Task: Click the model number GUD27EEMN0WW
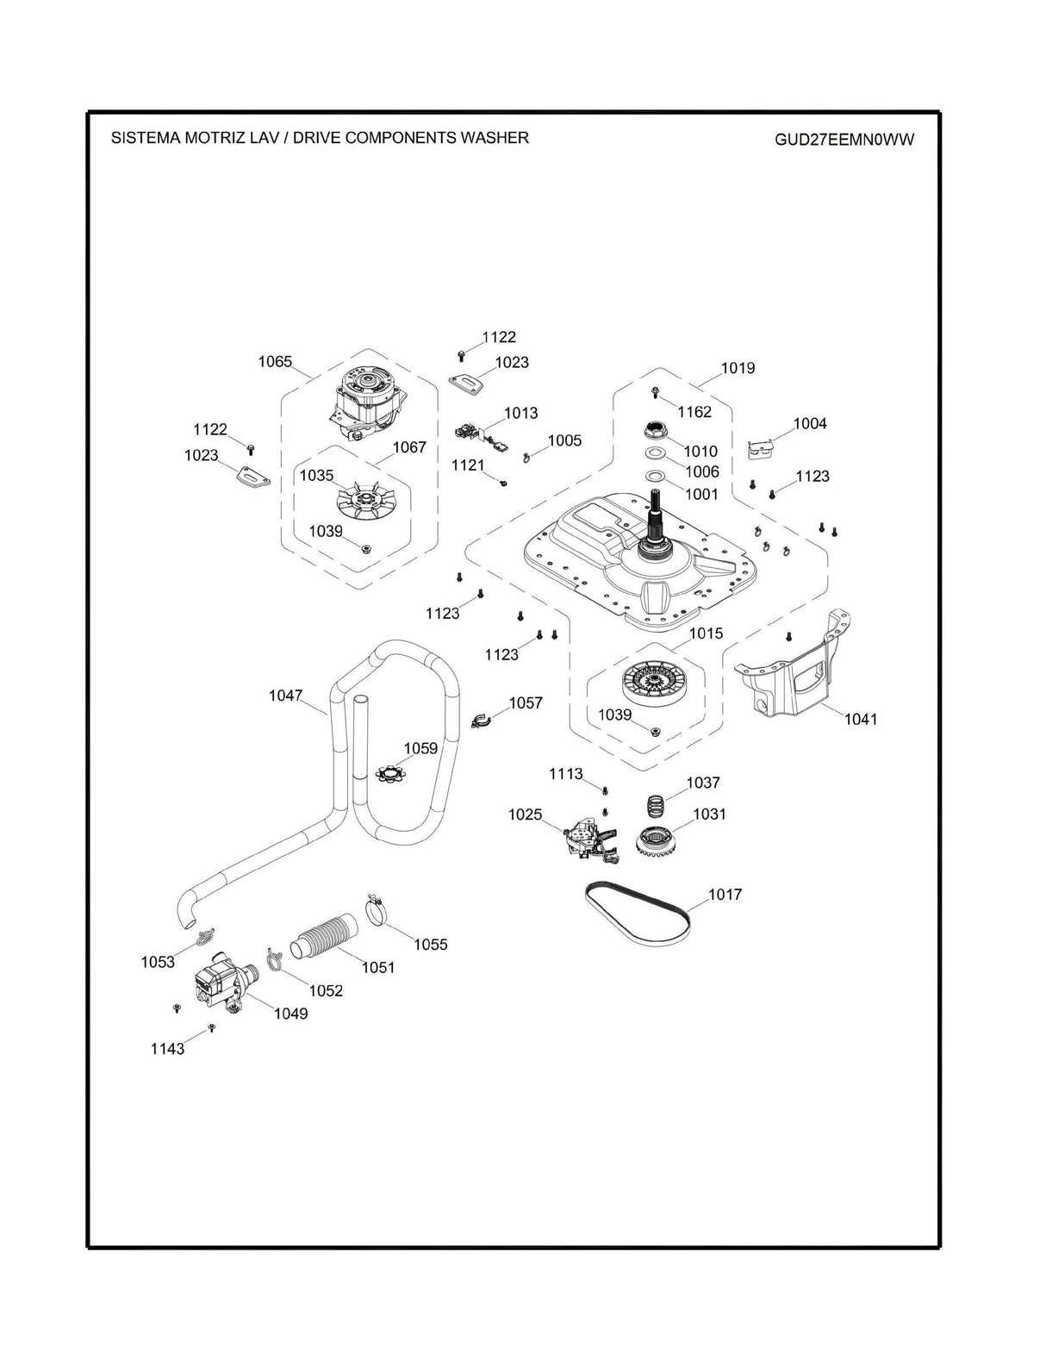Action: (x=844, y=140)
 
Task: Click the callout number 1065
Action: (x=275, y=362)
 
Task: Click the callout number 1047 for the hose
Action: (x=285, y=695)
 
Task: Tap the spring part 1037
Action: (x=657, y=808)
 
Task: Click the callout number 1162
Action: (x=694, y=412)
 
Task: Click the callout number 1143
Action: (x=167, y=1049)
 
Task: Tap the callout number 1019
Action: (x=738, y=368)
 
